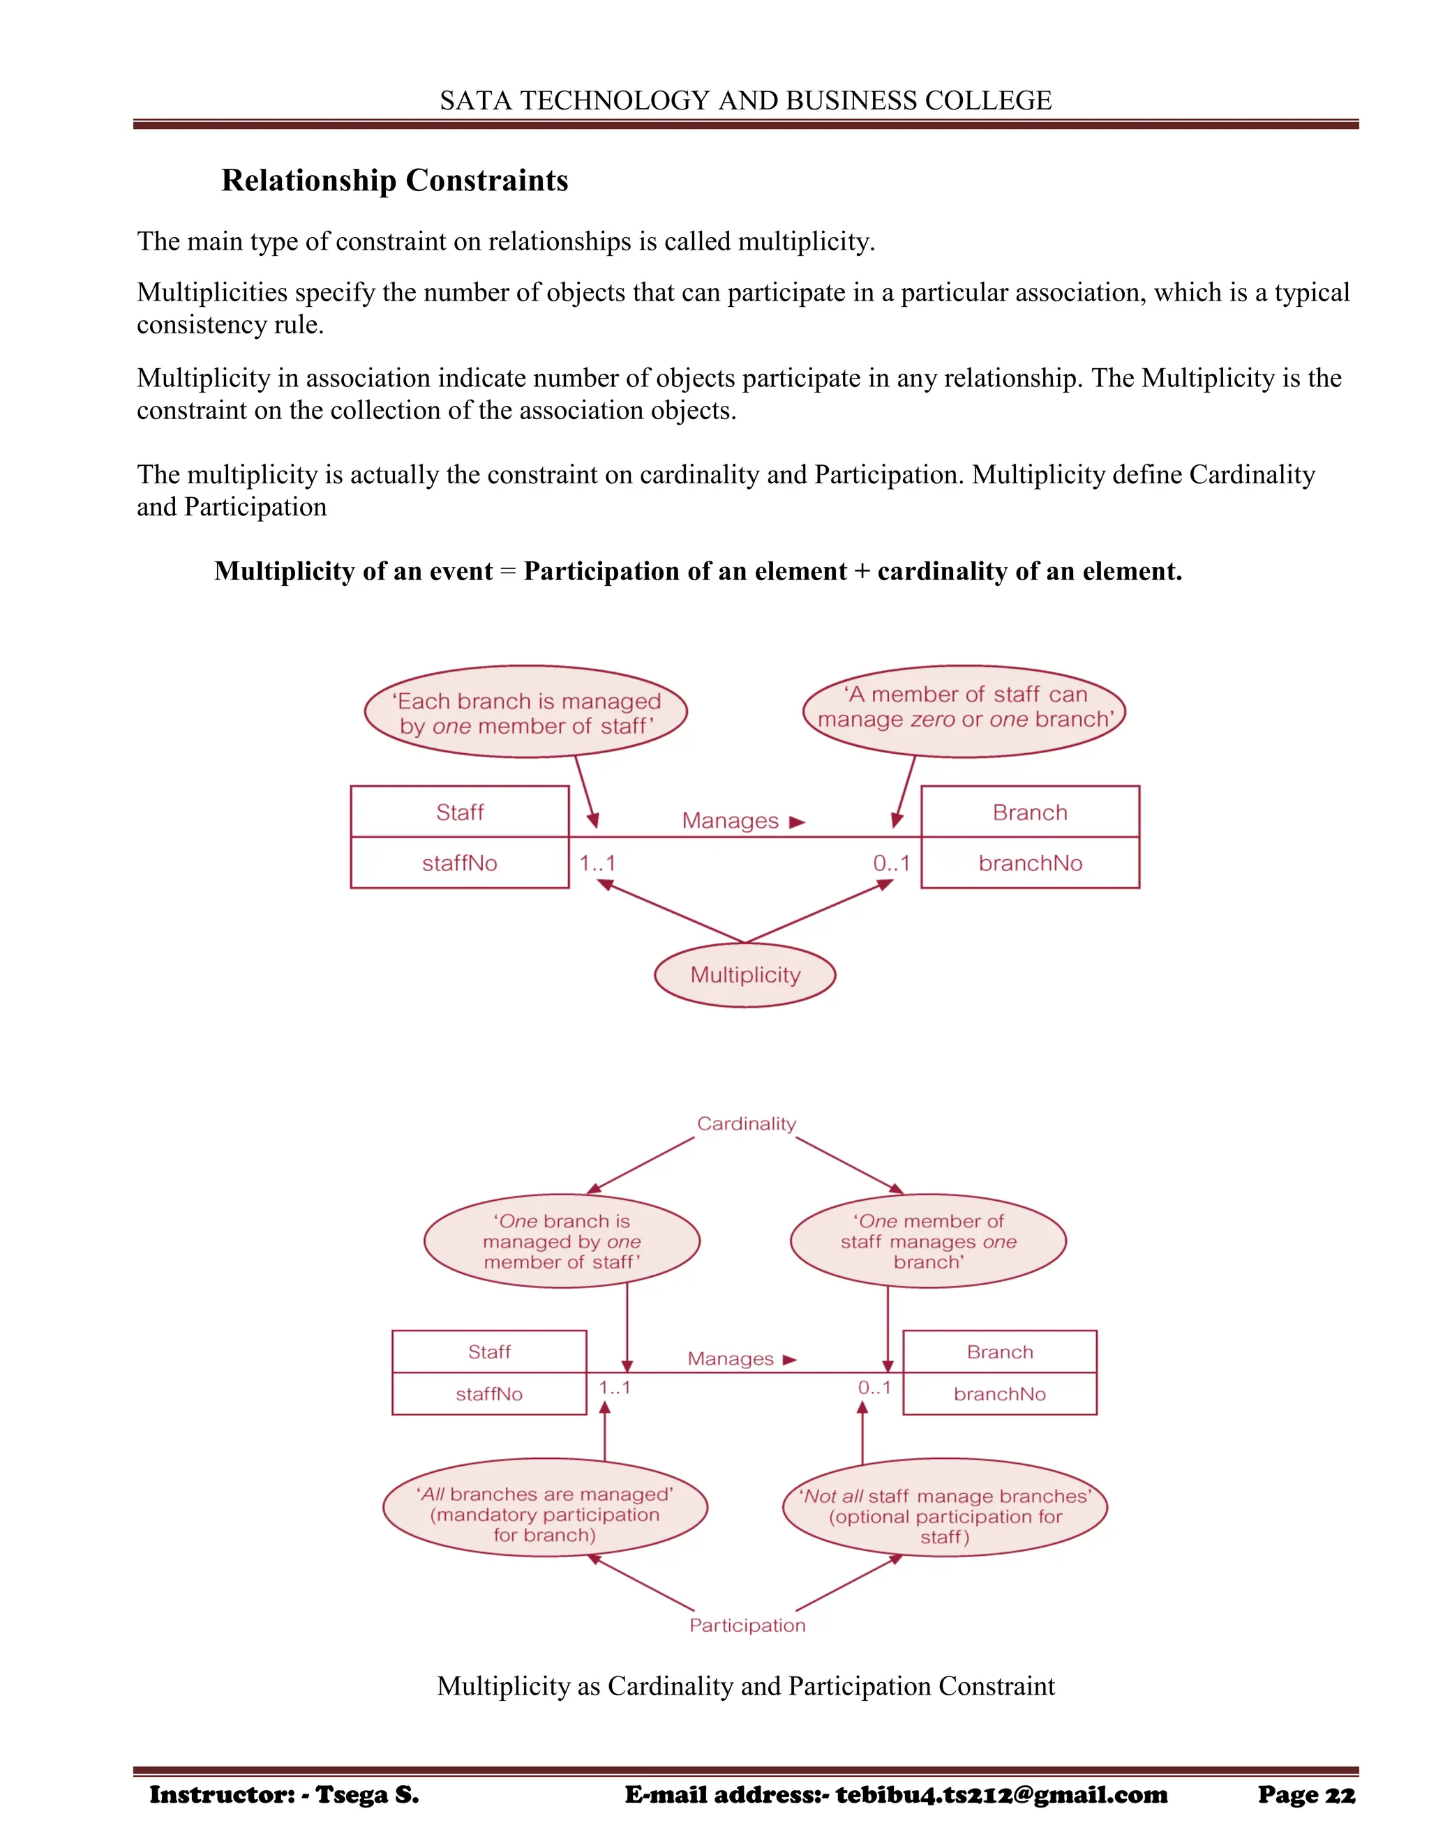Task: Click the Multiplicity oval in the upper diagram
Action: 745,975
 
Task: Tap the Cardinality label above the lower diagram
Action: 746,1123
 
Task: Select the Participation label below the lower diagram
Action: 747,1626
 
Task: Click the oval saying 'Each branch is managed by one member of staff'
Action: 525,713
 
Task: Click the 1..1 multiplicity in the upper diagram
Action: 598,863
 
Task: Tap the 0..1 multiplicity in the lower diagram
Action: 874,1388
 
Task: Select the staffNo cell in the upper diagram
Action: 460,863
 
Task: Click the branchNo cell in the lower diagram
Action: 1000,1393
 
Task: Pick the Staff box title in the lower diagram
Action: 489,1351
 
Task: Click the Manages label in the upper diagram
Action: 731,821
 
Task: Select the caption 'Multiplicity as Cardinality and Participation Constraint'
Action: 746,1686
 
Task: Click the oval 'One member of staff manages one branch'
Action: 928,1241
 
